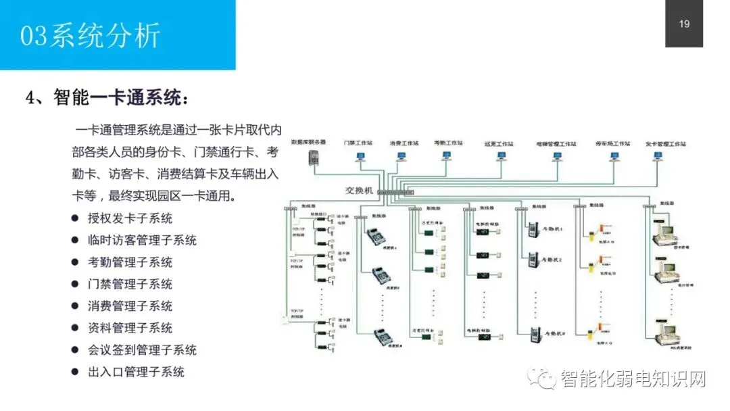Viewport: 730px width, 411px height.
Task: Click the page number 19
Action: pyautogui.click(x=684, y=24)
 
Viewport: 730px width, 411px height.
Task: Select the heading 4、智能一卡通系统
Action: pyautogui.click(x=107, y=98)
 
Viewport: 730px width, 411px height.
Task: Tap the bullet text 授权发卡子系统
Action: pyautogui.click(x=130, y=218)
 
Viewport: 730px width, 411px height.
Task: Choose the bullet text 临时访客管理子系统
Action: pyautogui.click(x=142, y=240)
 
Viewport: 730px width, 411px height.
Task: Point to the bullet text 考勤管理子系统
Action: pyautogui.click(x=130, y=262)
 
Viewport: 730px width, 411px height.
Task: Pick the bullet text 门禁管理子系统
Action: pyautogui.click(x=130, y=284)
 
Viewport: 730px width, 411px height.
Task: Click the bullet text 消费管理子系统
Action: pyautogui.click(x=130, y=306)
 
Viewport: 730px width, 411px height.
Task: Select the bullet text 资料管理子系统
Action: pyautogui.click(x=130, y=328)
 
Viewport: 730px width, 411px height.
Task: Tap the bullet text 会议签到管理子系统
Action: pyautogui.click(x=142, y=350)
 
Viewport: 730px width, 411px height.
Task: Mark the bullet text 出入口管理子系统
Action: pyautogui.click(x=136, y=372)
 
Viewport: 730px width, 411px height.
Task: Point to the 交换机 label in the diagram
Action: pyautogui.click(x=359, y=191)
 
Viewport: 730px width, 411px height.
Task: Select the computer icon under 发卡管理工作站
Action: pyautogui.click(x=657, y=156)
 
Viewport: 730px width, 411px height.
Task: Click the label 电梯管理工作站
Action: pyautogui.click(x=556, y=144)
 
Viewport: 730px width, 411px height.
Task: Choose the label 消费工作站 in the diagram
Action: pyautogui.click(x=404, y=144)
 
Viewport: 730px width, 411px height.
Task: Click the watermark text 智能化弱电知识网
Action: pyautogui.click(x=632, y=379)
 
